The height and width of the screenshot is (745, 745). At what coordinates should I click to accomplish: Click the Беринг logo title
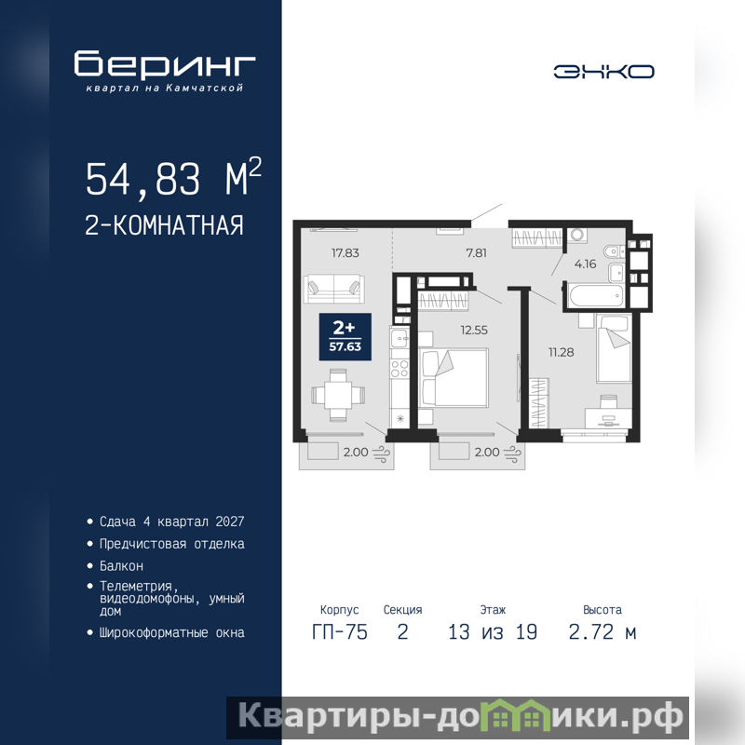165,63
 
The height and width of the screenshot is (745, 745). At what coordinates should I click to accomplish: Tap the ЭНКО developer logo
603,72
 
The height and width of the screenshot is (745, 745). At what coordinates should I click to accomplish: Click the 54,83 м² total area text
173,178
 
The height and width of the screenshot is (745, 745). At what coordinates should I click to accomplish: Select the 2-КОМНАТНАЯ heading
164,225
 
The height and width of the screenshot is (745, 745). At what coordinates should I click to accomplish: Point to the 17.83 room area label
345,253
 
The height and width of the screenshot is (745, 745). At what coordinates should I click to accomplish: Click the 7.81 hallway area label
476,253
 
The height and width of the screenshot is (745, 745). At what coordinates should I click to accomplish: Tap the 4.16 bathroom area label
585,264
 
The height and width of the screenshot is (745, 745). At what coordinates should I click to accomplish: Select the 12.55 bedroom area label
474,331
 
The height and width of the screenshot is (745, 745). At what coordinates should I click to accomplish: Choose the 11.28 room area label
561,353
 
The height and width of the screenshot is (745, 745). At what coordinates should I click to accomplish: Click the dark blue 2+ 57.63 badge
345,337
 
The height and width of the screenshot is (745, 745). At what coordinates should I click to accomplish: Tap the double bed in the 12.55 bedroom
454,378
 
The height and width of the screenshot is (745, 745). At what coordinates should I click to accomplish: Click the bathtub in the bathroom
595,296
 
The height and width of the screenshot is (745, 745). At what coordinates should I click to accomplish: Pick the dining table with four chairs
338,395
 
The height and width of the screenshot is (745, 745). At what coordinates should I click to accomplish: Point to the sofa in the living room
334,289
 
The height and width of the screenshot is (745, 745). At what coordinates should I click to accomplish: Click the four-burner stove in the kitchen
400,368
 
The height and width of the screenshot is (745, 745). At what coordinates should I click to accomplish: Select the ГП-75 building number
340,632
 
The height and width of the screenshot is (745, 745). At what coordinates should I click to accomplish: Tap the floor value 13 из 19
493,632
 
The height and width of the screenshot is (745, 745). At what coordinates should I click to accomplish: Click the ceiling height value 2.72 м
603,632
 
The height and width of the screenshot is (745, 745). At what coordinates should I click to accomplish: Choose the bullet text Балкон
121,566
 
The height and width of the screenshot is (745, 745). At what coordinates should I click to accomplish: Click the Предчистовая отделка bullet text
172,544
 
